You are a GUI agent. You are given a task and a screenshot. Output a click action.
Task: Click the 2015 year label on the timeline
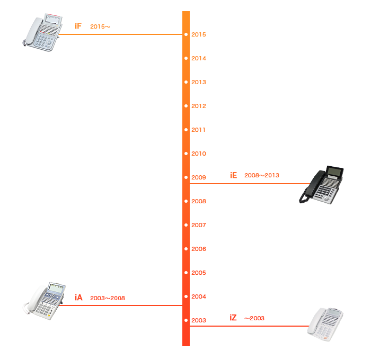point(199,34)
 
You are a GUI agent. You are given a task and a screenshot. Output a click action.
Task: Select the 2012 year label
point(199,106)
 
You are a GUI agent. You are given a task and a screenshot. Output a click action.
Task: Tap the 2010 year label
point(199,154)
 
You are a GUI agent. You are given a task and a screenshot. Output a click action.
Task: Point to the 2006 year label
point(199,249)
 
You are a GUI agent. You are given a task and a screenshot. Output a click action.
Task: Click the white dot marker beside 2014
point(186,58)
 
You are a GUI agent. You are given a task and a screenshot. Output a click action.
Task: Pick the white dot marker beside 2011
point(186,130)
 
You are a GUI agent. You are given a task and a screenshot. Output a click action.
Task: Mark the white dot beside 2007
point(186,225)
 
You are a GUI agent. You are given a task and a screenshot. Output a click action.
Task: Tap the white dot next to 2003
point(186,320)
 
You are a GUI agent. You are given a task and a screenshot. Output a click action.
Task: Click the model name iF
point(78,26)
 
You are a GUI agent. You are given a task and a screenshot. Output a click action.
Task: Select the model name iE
point(233,175)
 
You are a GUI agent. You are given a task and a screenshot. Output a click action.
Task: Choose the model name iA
point(78,298)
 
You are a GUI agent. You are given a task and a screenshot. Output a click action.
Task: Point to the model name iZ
point(233,318)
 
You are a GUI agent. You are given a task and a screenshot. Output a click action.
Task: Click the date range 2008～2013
point(262,175)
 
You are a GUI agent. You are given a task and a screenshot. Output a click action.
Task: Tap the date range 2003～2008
point(108,298)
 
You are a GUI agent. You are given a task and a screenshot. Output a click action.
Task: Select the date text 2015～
point(100,26)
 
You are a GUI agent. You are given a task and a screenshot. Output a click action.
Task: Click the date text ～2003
point(254,318)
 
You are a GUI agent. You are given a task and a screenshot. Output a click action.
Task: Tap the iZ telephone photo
point(325,323)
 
